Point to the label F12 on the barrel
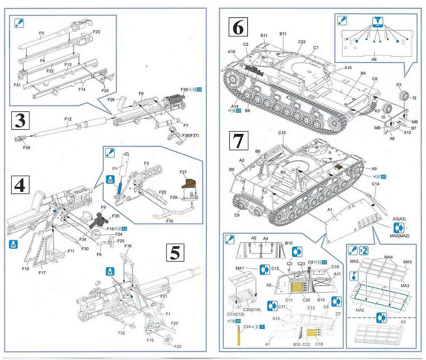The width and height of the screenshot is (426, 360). click(68, 118)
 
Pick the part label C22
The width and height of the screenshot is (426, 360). click(302, 42)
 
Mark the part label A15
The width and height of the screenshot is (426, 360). click(348, 68)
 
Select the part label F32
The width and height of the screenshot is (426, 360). click(121, 333)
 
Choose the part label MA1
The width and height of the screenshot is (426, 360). click(240, 268)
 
